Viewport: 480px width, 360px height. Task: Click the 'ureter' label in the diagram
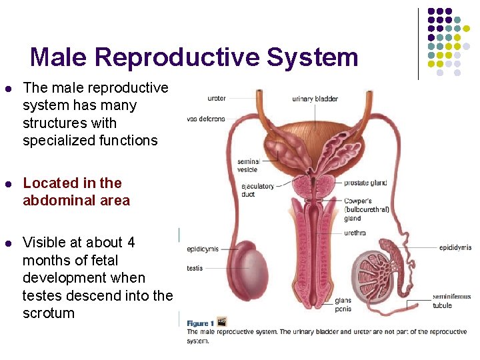(216, 99)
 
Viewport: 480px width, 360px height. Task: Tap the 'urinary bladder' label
(315, 99)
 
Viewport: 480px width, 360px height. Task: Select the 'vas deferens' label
(206, 119)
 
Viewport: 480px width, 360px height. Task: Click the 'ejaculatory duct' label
(257, 190)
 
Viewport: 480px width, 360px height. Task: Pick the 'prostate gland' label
(365, 183)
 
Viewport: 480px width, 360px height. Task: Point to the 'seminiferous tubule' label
(451, 301)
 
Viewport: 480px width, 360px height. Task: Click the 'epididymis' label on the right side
(455, 247)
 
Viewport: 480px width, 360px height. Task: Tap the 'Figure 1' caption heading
(200, 323)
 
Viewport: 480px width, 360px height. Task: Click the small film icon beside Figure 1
(221, 321)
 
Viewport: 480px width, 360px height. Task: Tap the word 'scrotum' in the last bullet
(49, 313)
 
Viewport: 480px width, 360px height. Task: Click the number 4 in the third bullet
(131, 243)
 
